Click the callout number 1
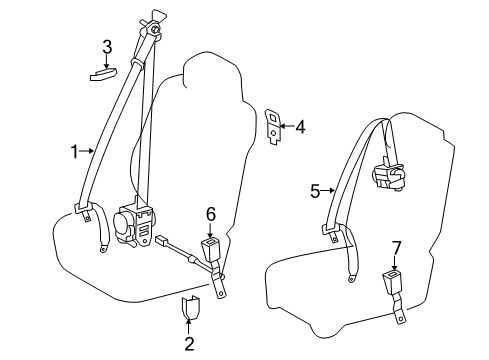point(73,151)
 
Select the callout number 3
point(107,46)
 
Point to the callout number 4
point(299,126)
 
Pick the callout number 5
point(314,189)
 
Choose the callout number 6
point(211,213)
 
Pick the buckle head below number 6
point(212,247)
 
